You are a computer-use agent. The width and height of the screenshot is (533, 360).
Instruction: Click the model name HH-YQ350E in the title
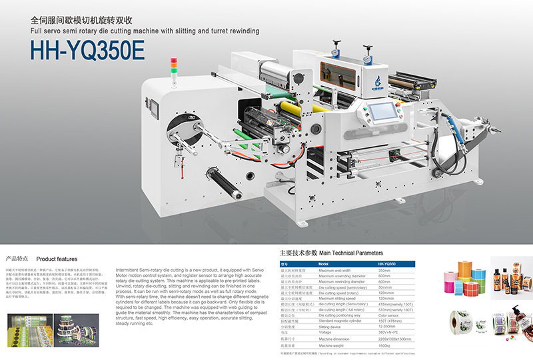tap(87, 51)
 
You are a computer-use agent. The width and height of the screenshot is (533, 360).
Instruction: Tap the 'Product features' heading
tap(57, 259)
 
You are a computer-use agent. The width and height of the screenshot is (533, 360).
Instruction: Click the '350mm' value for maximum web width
tap(384, 271)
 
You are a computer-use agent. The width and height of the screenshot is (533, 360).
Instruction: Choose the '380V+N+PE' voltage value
tap(389, 332)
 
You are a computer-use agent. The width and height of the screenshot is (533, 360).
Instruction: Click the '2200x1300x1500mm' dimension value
tap(396, 339)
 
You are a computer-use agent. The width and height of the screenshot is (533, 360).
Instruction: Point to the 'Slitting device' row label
tap(333, 327)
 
